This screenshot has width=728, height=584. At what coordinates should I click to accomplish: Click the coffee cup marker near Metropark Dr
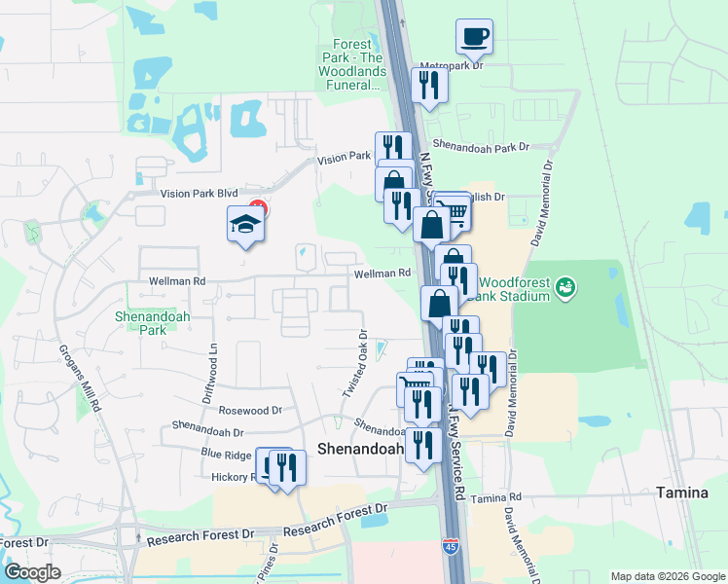[x=474, y=37]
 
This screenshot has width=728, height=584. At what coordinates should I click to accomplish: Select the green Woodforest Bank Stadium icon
[x=564, y=287]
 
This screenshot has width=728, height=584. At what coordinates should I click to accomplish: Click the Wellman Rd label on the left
[x=177, y=281]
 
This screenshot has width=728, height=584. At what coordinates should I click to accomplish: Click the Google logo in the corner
[x=33, y=572]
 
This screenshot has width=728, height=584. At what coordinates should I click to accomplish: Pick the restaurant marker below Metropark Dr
[x=428, y=86]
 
